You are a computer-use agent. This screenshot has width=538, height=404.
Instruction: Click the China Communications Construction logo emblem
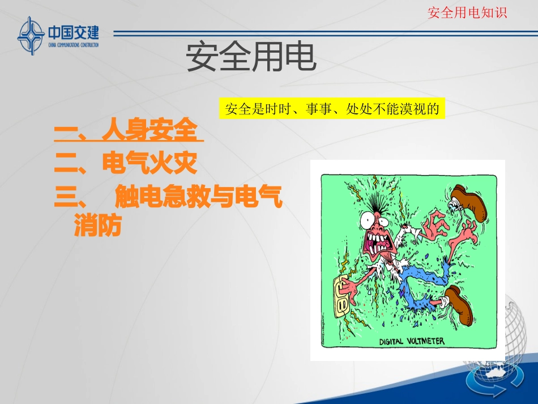click(32, 35)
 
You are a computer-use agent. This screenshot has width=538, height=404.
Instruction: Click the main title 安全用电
click(251, 57)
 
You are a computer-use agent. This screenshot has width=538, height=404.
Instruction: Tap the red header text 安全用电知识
click(467, 12)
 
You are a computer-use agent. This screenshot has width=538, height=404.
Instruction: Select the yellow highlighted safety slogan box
click(332, 109)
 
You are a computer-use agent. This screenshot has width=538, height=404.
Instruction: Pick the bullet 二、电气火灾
click(126, 164)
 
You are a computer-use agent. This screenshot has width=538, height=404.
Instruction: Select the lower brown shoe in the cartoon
click(460, 305)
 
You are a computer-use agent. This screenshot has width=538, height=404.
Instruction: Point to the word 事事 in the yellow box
click(318, 109)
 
